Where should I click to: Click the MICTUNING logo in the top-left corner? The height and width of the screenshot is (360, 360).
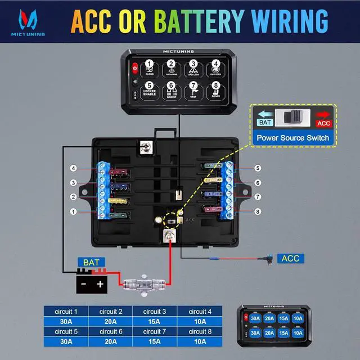coord(26,23)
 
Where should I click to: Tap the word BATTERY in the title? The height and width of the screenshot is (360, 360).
coord(193,21)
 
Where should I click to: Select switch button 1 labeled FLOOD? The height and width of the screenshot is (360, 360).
coord(149,67)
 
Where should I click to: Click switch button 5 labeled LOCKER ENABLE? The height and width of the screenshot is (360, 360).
coord(149,90)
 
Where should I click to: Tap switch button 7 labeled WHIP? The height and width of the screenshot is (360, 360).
coord(193,90)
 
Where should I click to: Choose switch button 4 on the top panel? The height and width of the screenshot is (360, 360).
coord(215,67)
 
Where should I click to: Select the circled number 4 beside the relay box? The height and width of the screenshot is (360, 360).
coord(73,168)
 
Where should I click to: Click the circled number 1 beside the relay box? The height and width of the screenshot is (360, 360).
coord(73,211)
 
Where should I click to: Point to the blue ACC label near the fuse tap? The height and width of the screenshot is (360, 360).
coord(290,258)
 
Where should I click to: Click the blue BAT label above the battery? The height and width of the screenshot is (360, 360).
coord(91,262)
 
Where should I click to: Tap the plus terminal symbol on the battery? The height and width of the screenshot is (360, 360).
coord(101,285)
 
